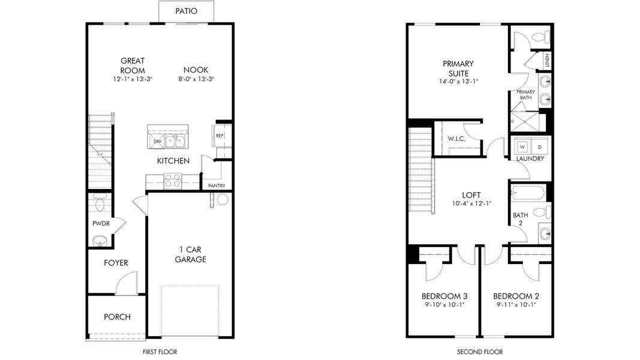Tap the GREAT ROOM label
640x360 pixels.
[x=133, y=65]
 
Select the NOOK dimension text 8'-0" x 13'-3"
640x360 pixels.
[x=196, y=79]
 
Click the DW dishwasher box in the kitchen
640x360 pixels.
[x=157, y=142]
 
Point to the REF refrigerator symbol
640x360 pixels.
[x=220, y=136]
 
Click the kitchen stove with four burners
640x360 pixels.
[x=173, y=181]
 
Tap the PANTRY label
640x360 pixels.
[x=217, y=186]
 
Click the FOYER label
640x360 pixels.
[x=116, y=263]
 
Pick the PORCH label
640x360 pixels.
[x=117, y=317]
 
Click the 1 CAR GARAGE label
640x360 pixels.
[x=190, y=254]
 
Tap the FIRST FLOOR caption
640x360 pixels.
[x=160, y=352]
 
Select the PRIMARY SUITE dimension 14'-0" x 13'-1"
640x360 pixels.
[x=458, y=82]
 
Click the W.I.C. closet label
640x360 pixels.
[x=456, y=139]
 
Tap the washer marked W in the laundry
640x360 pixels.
[x=522, y=146]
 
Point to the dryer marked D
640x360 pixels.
[x=538, y=146]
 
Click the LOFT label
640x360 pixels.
[x=471, y=195]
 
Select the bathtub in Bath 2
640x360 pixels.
[x=528, y=193]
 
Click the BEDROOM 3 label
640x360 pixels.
[x=444, y=296]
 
